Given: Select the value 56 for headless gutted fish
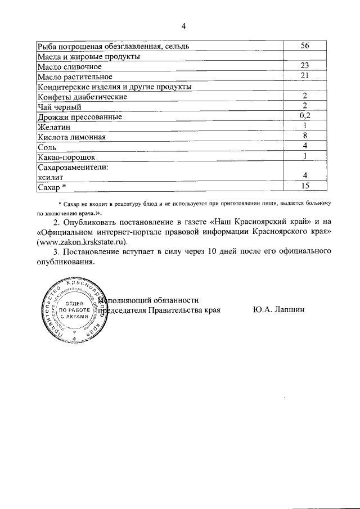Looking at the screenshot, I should (x=304, y=46).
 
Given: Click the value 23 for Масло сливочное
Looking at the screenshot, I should (x=304, y=66).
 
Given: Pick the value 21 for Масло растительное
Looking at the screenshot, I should (x=304, y=76).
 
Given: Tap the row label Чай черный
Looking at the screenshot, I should (x=60, y=107).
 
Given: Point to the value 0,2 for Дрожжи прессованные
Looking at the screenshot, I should (x=304, y=116).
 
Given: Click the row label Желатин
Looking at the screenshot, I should (x=55, y=128).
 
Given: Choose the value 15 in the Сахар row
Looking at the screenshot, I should (x=304, y=186).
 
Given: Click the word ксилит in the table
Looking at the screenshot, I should (x=51, y=177).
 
